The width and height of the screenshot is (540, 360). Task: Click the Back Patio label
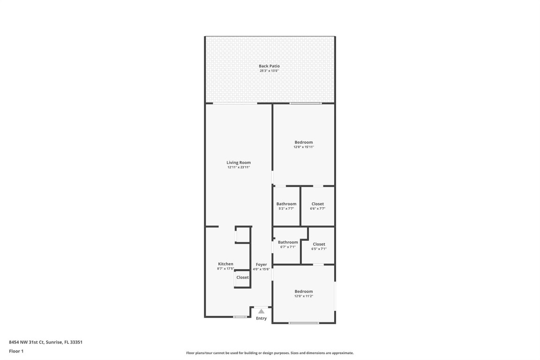click(x=269, y=66)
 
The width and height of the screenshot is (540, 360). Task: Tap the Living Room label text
click(x=239, y=163)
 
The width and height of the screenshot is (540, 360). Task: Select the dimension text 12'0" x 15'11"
click(x=303, y=147)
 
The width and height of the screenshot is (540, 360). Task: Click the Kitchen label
click(x=225, y=264)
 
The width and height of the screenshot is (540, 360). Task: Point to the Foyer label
click(x=261, y=264)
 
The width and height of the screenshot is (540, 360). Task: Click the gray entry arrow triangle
click(x=261, y=311)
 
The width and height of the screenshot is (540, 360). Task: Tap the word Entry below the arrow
click(x=261, y=318)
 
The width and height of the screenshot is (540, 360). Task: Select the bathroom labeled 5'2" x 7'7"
click(x=286, y=206)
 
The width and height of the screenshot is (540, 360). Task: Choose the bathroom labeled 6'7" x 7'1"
click(x=288, y=244)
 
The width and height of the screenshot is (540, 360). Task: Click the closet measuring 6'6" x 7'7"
click(x=317, y=206)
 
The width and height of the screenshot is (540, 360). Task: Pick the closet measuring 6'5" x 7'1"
click(x=319, y=246)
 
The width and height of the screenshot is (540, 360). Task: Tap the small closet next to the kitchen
click(x=242, y=278)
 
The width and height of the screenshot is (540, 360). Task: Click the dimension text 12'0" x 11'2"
click(x=303, y=296)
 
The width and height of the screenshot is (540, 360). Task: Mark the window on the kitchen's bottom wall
click(x=240, y=317)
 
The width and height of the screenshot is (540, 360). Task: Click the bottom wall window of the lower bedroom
click(x=304, y=322)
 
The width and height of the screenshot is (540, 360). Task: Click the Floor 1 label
click(x=16, y=351)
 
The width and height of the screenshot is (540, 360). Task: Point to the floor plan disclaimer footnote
click(x=270, y=353)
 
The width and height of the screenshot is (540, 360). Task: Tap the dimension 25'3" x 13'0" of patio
click(x=269, y=71)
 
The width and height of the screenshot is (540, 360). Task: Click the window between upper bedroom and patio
click(x=305, y=103)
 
